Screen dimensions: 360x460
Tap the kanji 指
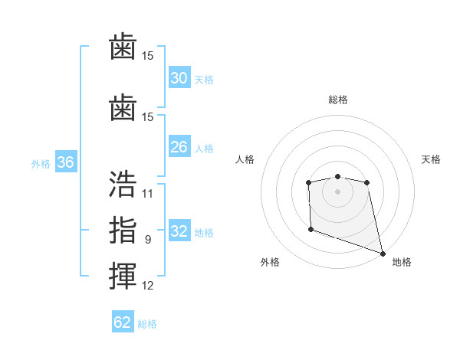123,230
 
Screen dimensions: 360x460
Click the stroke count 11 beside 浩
148,194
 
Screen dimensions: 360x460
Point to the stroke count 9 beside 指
148,240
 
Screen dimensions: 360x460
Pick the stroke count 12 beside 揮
148,286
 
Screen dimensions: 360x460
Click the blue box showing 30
179,78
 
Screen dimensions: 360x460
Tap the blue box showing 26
179,147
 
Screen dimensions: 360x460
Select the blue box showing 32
179,231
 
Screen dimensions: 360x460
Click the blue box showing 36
65,162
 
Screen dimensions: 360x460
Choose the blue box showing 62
123,322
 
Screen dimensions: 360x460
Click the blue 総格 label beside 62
147,324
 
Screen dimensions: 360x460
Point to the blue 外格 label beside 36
41,164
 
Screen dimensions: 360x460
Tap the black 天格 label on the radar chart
432,159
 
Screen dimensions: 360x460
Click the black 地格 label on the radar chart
402,262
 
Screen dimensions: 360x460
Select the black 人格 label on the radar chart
245,159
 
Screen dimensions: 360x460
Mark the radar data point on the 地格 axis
383,254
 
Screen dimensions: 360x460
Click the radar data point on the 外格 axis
310,229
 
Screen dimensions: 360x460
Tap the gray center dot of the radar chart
337,191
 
